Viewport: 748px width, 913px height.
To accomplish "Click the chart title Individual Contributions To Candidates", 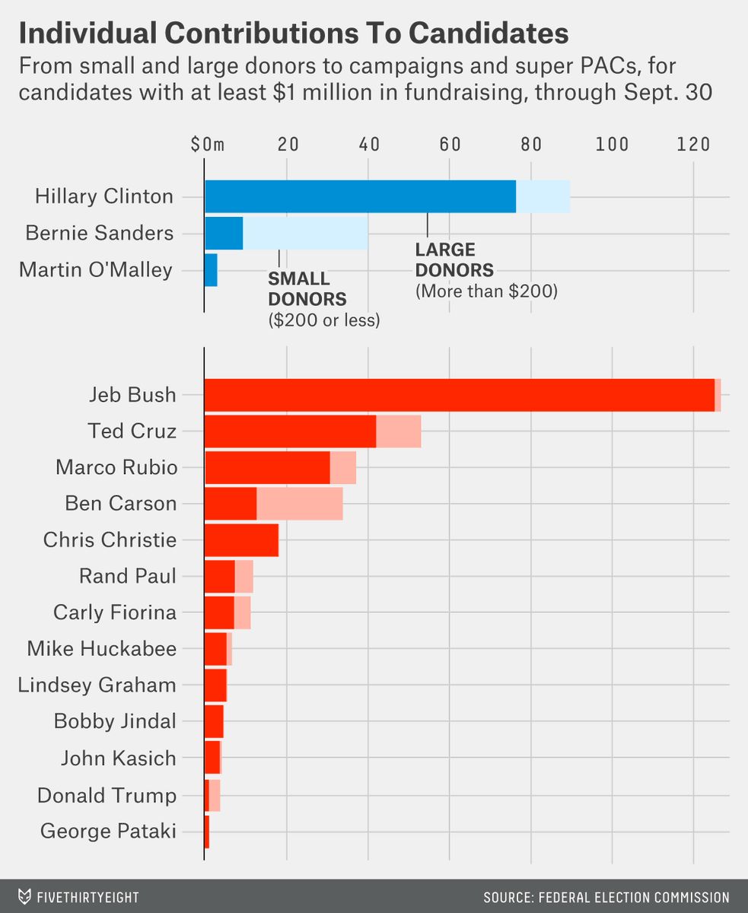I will pos(293,34).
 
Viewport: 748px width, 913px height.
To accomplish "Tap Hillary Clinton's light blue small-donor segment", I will pos(543,196).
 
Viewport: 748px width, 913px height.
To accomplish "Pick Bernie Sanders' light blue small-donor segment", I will pos(305,233).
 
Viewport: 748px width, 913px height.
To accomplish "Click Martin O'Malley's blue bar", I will pos(211,269).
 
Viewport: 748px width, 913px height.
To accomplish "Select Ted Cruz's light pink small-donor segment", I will pos(398,431).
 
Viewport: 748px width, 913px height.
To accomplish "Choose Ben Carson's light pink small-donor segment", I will pos(299,504).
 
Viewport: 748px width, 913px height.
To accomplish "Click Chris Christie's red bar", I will pos(241,540).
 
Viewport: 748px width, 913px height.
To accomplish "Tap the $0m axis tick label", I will pos(208,145).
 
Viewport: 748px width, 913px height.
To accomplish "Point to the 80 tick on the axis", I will pos(530,145).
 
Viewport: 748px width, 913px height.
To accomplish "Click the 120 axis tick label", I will pos(693,145).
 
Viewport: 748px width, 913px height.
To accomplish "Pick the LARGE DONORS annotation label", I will pos(454,259).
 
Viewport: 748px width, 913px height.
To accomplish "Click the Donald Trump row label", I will pos(107,796).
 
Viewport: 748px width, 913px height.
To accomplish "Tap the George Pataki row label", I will pos(108,832).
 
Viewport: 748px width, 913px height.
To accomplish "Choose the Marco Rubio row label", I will pos(116,467).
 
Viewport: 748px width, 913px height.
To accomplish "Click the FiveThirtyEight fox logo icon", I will pos(25,897).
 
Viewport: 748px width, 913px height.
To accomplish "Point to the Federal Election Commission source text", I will pos(606,898).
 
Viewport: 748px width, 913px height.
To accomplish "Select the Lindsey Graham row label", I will pos(97,685).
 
